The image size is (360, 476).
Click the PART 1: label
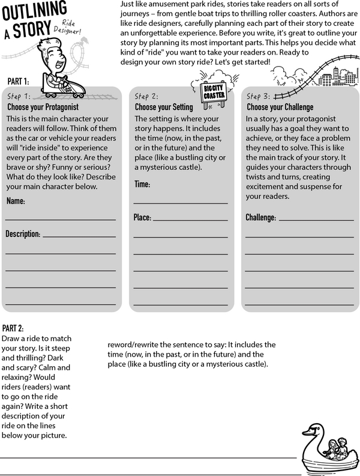coord(18,80)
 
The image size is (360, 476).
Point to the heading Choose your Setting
coord(164,107)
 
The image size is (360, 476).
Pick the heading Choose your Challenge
coord(280,107)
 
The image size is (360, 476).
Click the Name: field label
coord(16,202)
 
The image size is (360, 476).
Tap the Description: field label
coord(23,233)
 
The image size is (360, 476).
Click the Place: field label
coord(143,217)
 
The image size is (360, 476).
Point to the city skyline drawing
coord(333,77)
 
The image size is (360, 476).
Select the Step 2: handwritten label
coord(146,95)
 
